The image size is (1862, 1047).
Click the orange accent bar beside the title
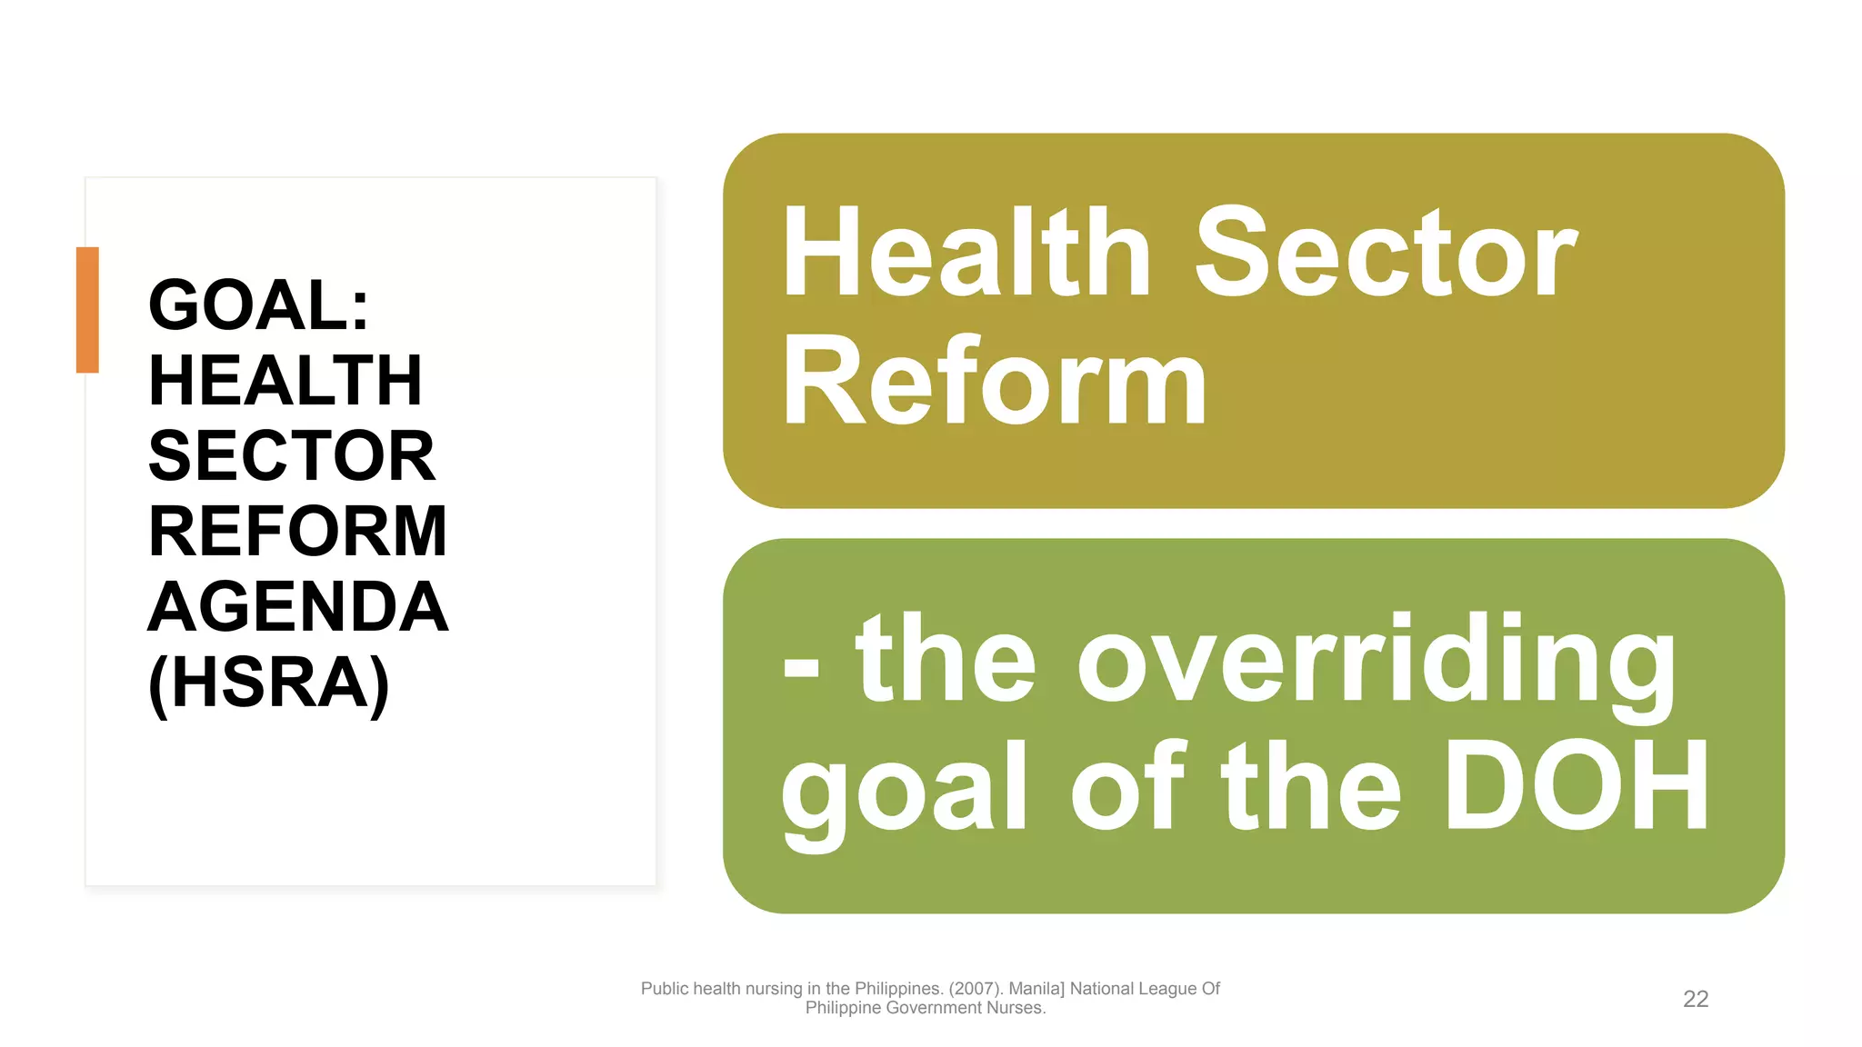tap(87, 309)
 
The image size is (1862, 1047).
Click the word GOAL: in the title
tap(259, 305)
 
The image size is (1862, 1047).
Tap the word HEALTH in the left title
tap(285, 381)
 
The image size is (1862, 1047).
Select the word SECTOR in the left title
tap(292, 456)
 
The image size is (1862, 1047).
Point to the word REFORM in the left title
tap(297, 532)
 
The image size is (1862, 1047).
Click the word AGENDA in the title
tap(297, 607)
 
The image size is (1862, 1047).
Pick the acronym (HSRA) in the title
tap(269, 683)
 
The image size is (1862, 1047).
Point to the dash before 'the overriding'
tap(801, 668)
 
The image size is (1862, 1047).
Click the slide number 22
tap(1696, 999)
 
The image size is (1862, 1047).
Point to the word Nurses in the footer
tap(1018, 1008)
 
